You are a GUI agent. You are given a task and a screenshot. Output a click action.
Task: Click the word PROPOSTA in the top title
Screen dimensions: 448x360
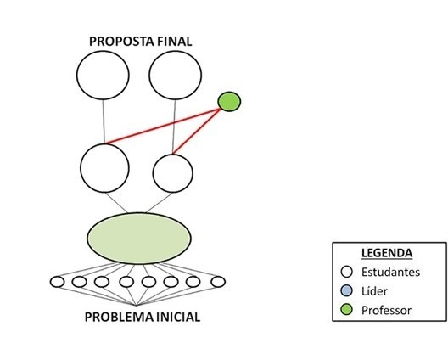(x=118, y=42)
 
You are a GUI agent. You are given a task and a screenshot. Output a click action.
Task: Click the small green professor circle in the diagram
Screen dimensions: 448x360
(x=229, y=102)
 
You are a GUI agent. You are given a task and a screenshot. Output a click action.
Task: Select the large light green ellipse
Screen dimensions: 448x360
(x=139, y=239)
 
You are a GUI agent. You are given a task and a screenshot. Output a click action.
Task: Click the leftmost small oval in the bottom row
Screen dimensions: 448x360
(x=58, y=282)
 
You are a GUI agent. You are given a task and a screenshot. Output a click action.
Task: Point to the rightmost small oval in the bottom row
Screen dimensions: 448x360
(x=218, y=282)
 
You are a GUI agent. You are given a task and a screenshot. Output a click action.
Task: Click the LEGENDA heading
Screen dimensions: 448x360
(x=387, y=253)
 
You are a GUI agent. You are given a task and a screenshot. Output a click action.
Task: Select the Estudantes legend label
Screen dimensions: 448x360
(x=390, y=272)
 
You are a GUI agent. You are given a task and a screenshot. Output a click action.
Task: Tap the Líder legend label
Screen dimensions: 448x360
(x=374, y=291)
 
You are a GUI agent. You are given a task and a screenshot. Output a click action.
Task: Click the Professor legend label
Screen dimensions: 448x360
(x=386, y=310)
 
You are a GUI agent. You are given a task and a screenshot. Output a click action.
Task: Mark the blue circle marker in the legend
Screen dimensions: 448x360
(x=347, y=291)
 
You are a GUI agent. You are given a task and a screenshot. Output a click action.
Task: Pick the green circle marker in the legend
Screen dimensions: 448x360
(x=347, y=310)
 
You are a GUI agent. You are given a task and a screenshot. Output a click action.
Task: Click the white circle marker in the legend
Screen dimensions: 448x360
(x=347, y=272)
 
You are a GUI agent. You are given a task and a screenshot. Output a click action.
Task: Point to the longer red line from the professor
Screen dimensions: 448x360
(x=163, y=126)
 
